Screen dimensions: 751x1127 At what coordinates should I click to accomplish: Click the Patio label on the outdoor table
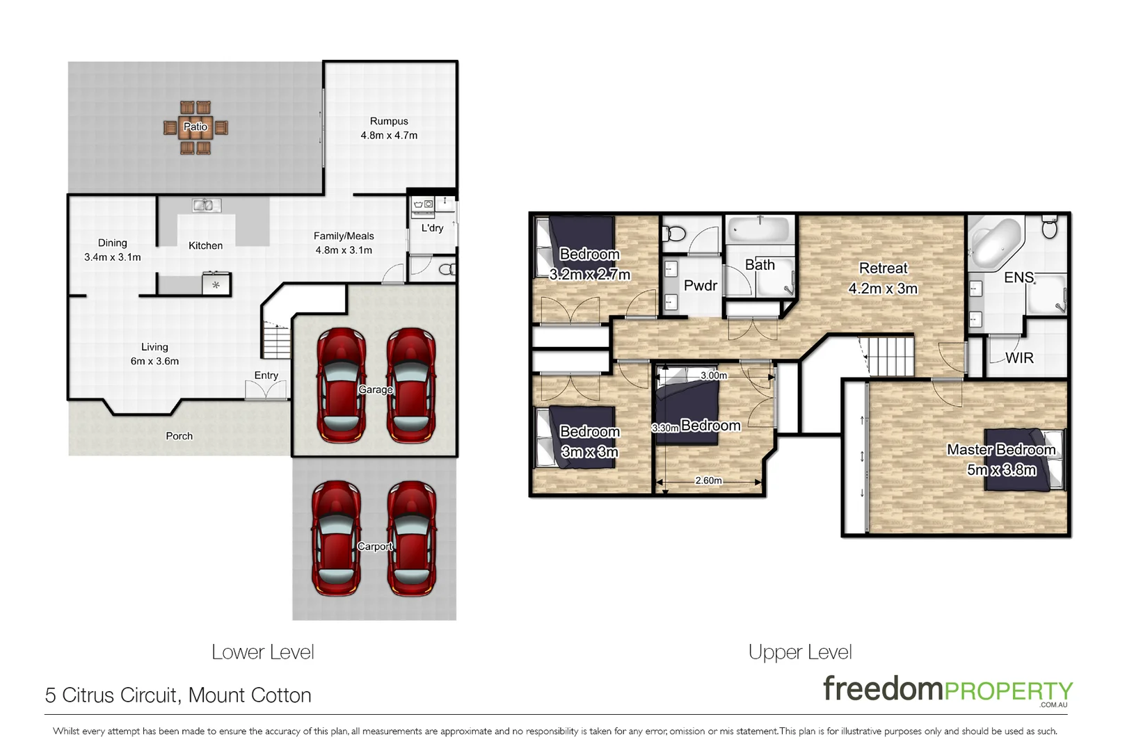click(195, 127)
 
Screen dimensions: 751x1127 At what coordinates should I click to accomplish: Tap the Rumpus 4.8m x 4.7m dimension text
click(389, 136)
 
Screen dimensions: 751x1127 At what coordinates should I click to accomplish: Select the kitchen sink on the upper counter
click(207, 205)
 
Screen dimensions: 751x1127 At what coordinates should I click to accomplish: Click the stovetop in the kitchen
click(216, 284)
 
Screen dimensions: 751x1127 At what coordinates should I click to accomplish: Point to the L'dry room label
click(432, 227)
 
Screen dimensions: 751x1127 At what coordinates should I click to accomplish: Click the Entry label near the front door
click(266, 375)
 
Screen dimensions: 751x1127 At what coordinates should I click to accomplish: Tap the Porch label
click(179, 436)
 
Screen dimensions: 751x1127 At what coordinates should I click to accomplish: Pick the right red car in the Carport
click(411, 538)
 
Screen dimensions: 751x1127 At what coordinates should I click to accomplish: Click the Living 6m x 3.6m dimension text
click(154, 362)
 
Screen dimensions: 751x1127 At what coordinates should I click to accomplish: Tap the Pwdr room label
click(700, 285)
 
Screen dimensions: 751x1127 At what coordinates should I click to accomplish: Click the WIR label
click(1019, 357)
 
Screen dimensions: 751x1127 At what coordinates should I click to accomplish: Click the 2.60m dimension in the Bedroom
click(708, 481)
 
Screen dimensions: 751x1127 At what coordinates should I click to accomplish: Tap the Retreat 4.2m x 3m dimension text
click(883, 289)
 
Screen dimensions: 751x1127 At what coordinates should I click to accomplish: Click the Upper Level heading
click(799, 652)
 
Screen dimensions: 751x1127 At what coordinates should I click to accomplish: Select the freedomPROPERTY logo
click(947, 691)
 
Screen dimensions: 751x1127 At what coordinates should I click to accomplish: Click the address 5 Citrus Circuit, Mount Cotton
click(178, 695)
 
